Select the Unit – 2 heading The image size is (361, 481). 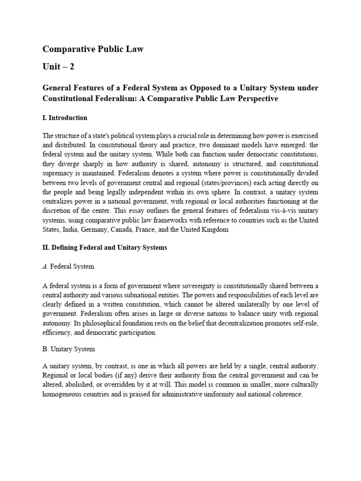(58, 67)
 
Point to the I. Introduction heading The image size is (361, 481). (65, 118)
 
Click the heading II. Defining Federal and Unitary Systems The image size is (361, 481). (104, 248)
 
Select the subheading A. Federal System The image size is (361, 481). (68, 266)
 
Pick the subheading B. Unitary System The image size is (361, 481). (69, 349)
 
